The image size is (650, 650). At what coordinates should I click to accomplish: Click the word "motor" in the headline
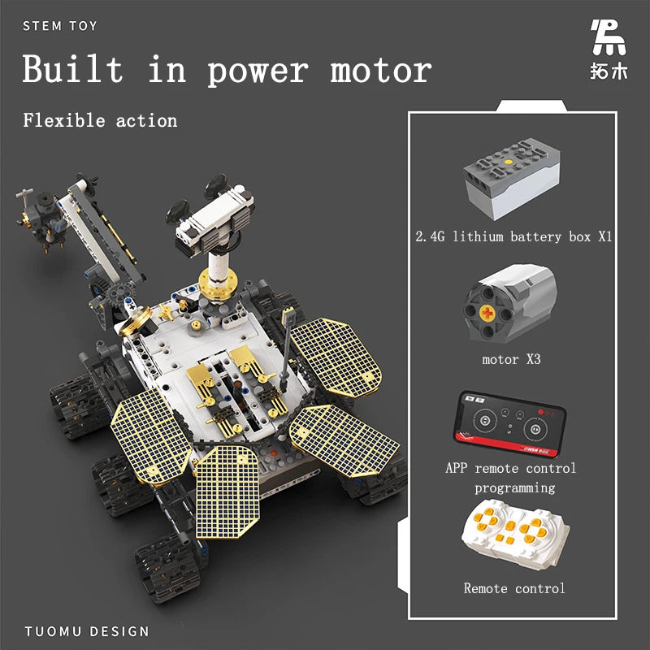point(380,71)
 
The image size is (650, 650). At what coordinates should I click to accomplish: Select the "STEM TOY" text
point(60,26)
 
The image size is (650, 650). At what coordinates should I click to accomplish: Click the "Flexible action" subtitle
point(100,121)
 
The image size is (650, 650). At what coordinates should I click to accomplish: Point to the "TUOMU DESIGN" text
point(87,631)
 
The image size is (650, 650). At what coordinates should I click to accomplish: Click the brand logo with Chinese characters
point(608,50)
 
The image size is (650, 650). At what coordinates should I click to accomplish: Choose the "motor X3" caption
point(511,358)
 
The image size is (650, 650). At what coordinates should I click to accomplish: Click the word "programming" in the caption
point(515,487)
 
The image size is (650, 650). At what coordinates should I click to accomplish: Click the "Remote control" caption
point(514,588)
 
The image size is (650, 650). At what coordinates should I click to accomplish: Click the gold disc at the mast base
point(218,285)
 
